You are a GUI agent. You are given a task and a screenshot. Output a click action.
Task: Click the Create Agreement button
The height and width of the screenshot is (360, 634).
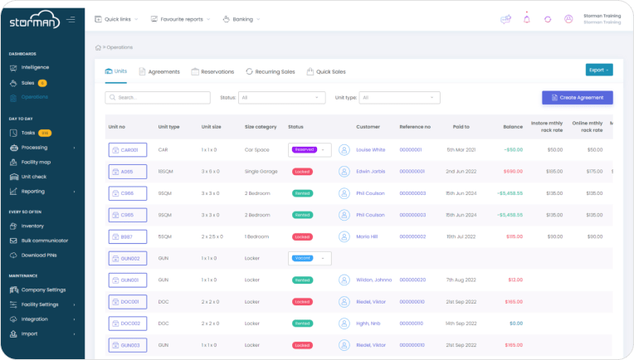[x=578, y=98]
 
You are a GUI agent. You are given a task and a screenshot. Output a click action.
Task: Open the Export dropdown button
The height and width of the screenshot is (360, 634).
[x=599, y=70]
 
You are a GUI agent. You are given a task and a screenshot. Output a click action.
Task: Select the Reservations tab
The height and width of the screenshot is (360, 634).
[x=212, y=72]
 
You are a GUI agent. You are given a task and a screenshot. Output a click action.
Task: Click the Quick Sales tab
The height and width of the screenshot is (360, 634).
[x=326, y=72]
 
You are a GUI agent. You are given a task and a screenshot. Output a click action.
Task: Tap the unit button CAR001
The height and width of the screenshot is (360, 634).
[x=128, y=150]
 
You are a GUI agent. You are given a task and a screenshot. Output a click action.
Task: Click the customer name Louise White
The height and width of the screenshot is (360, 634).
[x=370, y=150]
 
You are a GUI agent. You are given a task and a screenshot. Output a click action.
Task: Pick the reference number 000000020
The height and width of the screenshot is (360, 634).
[x=412, y=280]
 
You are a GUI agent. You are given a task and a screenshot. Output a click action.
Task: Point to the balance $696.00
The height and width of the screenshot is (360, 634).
[x=513, y=172]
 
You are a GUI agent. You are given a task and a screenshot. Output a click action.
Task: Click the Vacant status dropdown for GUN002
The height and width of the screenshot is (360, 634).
[x=310, y=258]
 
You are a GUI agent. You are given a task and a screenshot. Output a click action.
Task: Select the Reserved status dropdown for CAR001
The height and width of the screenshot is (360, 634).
[x=310, y=150]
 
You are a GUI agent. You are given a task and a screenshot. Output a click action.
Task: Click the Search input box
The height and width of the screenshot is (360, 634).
[x=158, y=98]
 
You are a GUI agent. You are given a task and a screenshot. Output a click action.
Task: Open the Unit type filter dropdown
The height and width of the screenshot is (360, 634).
[x=399, y=98]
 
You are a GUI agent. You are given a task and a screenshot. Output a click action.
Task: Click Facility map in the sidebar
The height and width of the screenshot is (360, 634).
[x=36, y=162]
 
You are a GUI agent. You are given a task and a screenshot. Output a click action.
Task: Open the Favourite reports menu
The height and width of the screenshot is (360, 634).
[x=180, y=18]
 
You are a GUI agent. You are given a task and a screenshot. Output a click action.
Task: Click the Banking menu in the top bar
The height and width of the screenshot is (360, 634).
[x=241, y=18]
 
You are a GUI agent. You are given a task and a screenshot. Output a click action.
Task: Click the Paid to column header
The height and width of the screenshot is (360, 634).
[x=461, y=127]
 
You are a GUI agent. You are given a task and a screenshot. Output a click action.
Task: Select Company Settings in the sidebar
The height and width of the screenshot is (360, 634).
[x=43, y=289]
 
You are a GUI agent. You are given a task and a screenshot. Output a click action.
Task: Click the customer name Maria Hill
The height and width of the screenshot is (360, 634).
[x=367, y=236]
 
